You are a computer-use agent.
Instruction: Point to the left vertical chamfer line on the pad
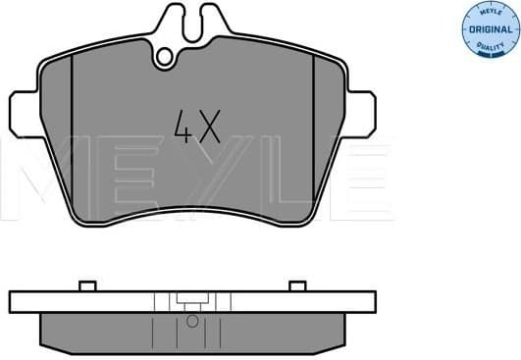75,137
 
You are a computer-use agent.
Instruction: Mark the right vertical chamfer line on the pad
312,137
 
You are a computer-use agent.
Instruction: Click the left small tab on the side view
85,286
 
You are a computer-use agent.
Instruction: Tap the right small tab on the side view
297,286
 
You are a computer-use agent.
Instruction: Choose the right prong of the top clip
215,19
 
